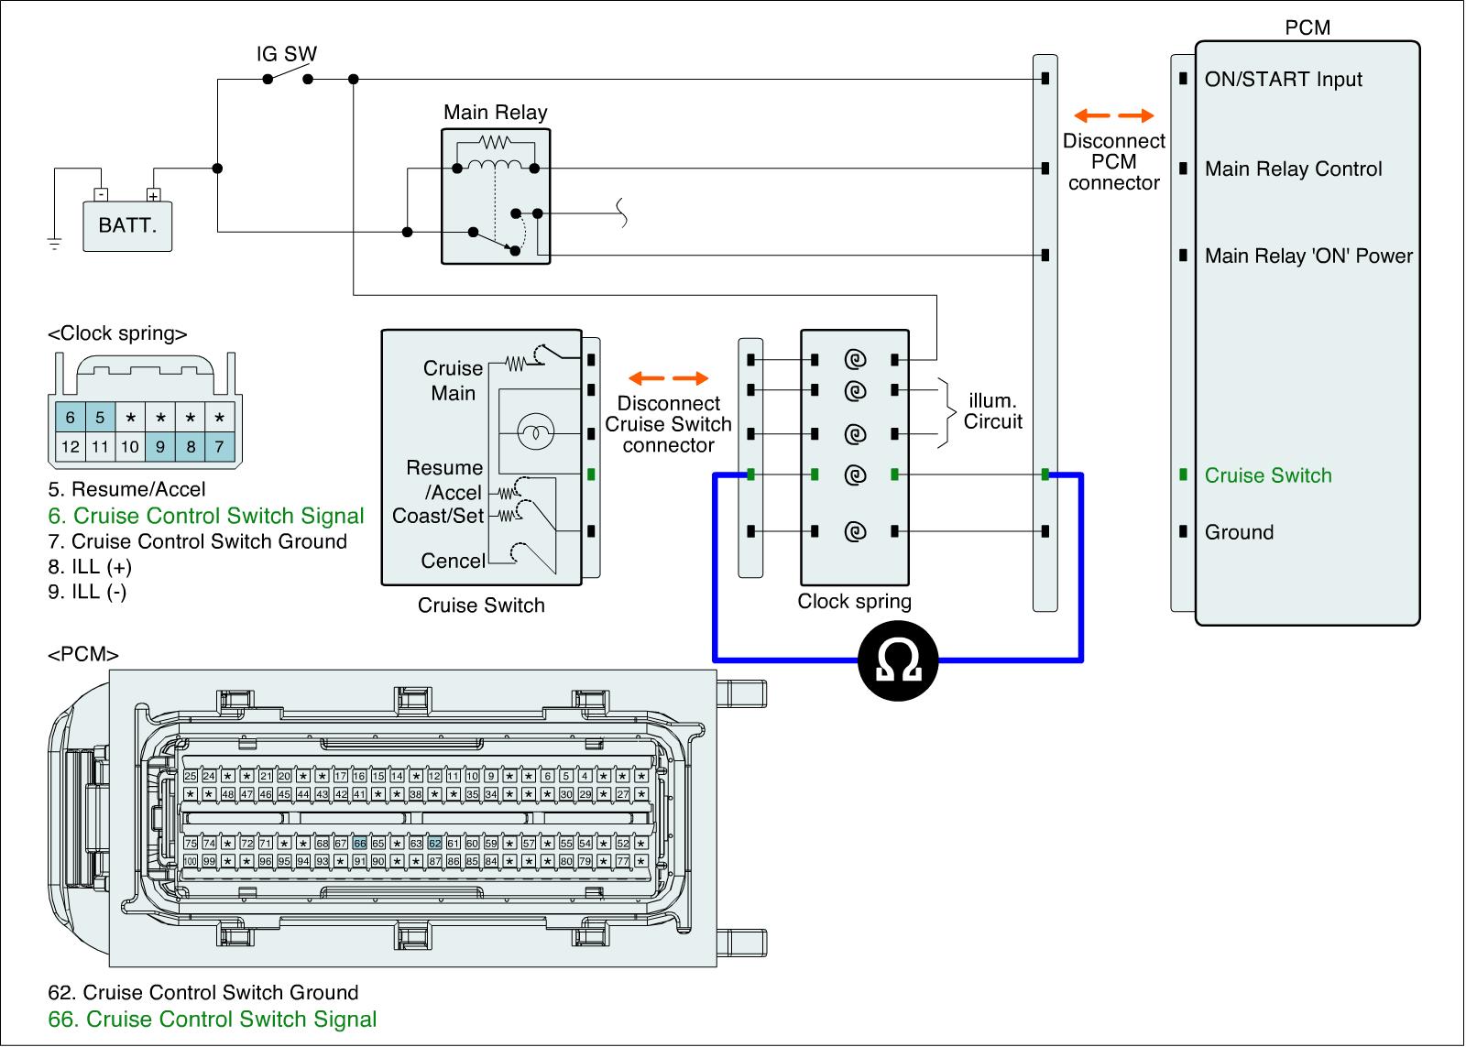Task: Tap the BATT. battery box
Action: (x=126, y=224)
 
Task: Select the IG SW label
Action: (x=286, y=54)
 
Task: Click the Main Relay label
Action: (x=495, y=113)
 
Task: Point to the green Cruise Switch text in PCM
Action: (x=1267, y=475)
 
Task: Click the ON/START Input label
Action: (x=1283, y=80)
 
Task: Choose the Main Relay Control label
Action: (x=1293, y=169)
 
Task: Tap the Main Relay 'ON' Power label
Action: (x=1308, y=256)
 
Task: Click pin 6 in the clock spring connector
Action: (x=70, y=418)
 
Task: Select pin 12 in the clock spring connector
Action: (x=70, y=447)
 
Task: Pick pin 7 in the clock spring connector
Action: (x=220, y=447)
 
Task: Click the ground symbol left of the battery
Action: (x=54, y=244)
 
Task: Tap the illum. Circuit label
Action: (x=992, y=412)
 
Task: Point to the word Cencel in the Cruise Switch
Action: (x=453, y=561)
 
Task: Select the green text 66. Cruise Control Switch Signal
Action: (x=212, y=1020)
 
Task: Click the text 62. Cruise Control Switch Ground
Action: (x=202, y=993)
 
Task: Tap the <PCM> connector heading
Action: (x=82, y=654)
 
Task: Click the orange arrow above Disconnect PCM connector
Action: (x=1113, y=116)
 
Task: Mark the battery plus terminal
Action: (x=153, y=194)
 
